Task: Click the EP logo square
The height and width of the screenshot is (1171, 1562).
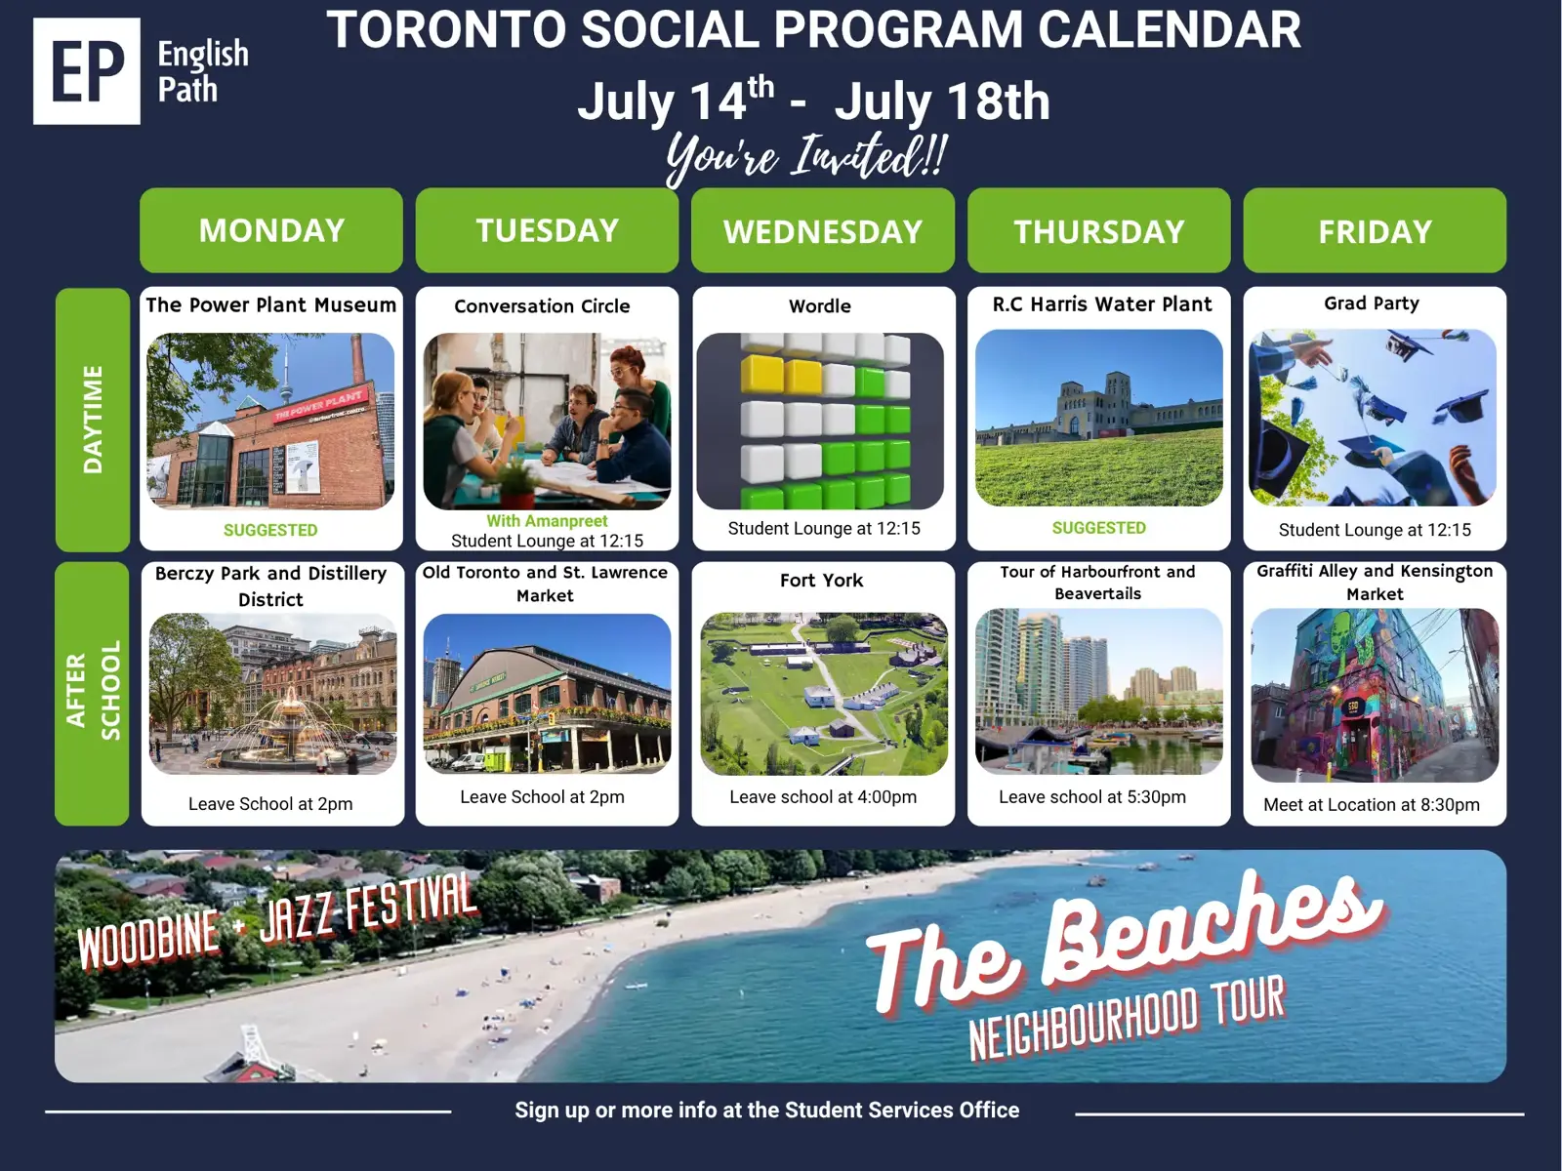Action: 86,71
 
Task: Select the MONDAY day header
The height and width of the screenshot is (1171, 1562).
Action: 271,230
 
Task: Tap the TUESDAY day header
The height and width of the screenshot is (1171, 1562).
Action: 547,230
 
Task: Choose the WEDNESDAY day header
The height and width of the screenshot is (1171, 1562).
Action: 823,230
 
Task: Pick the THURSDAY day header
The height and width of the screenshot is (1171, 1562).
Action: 1098,230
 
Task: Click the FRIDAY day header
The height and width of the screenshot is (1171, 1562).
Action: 1375,230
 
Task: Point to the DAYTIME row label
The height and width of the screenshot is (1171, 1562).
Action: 93,420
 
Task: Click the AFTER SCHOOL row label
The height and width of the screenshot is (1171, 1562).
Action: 93,693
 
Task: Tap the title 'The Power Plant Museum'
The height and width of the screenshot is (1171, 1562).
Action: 271,305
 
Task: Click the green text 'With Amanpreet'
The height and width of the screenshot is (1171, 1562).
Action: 547,520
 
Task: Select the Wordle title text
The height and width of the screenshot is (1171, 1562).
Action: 820,305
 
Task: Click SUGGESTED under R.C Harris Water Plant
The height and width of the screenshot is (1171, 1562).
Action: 1098,528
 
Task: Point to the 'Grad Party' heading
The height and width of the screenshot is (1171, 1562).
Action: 1372,303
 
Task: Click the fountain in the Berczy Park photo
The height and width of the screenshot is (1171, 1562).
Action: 290,725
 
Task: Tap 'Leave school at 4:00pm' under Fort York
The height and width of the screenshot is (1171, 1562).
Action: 823,797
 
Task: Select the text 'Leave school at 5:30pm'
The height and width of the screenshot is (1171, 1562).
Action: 1092,797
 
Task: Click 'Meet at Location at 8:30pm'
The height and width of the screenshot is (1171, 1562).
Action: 1372,805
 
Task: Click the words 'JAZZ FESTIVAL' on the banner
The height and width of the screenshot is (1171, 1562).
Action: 368,909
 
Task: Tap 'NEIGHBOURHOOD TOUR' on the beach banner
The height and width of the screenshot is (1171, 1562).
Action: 1128,1018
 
